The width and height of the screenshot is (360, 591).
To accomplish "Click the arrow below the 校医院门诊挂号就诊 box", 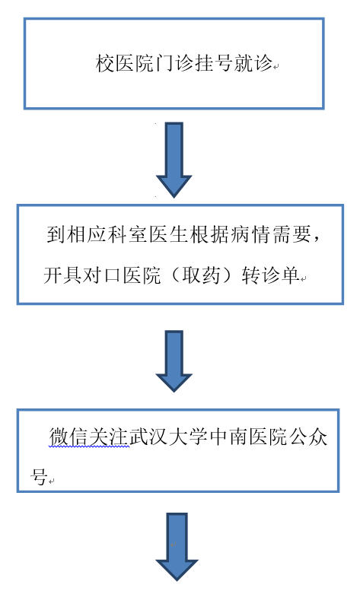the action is (174, 159).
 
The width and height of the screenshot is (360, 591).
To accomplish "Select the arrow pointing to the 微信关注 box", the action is (174, 361).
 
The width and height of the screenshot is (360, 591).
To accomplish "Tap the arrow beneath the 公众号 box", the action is (177, 546).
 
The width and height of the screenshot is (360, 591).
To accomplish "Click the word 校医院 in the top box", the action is (124, 63).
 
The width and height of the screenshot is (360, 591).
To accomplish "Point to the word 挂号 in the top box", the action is (213, 63).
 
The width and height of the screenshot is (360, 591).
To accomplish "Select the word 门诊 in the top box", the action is (174, 63).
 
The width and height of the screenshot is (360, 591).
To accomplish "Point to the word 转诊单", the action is (270, 275).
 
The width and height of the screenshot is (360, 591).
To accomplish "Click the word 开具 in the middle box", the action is (62, 275).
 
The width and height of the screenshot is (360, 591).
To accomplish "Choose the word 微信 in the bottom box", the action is (69, 437).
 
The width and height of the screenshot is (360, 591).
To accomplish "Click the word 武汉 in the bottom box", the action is (149, 437).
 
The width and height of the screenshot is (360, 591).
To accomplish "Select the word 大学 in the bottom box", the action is (189, 437).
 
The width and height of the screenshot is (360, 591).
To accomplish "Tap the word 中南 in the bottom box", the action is (229, 437).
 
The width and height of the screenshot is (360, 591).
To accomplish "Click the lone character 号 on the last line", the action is (39, 477).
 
